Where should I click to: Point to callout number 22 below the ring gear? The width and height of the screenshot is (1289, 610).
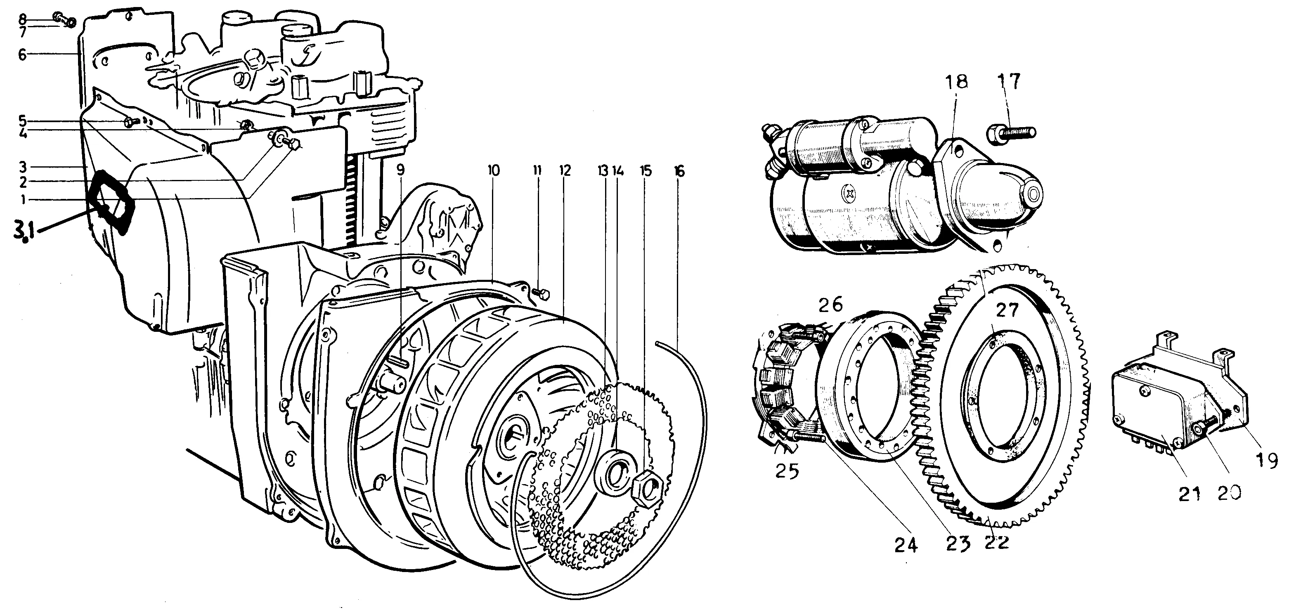click(x=996, y=542)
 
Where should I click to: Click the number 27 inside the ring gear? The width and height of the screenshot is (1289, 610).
click(x=1007, y=310)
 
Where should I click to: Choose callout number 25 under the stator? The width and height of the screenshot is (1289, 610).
click(x=787, y=471)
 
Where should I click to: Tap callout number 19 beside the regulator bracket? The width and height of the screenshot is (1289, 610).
click(x=1268, y=459)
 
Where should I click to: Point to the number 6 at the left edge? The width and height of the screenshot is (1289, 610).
click(x=22, y=54)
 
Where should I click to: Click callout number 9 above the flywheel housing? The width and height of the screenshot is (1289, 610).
click(x=400, y=170)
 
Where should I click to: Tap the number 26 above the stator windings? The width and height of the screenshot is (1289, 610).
click(x=830, y=305)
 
